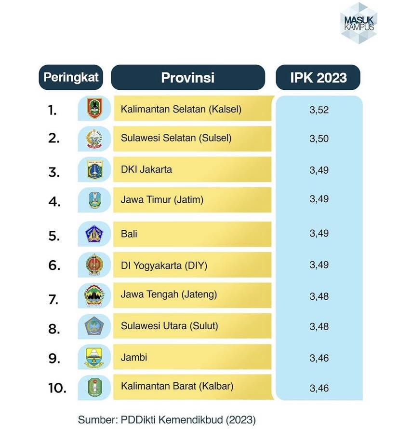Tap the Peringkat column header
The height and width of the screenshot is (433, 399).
pos(71,77)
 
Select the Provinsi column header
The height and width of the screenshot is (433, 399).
pos(188,77)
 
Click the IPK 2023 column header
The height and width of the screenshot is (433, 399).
pos(318,77)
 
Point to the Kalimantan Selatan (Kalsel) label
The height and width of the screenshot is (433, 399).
pos(181,109)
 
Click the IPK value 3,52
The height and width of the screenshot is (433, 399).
pos(319,110)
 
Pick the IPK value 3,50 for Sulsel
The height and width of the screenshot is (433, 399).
pos(319,139)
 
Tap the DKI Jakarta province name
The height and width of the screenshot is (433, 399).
pos(146,169)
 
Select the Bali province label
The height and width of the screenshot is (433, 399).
pos(129,234)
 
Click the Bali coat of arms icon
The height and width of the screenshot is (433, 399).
pos(95,234)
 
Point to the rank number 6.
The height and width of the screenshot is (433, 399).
pos(54,265)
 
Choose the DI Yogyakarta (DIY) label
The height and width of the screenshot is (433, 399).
pos(164,265)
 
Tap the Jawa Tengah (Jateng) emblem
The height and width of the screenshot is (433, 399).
pos(95,295)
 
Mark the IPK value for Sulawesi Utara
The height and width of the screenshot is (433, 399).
pos(319,326)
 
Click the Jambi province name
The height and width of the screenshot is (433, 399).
pos(134,357)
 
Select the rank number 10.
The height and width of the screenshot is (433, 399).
pos(57,387)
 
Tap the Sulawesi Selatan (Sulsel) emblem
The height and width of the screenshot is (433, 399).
pos(95,139)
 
